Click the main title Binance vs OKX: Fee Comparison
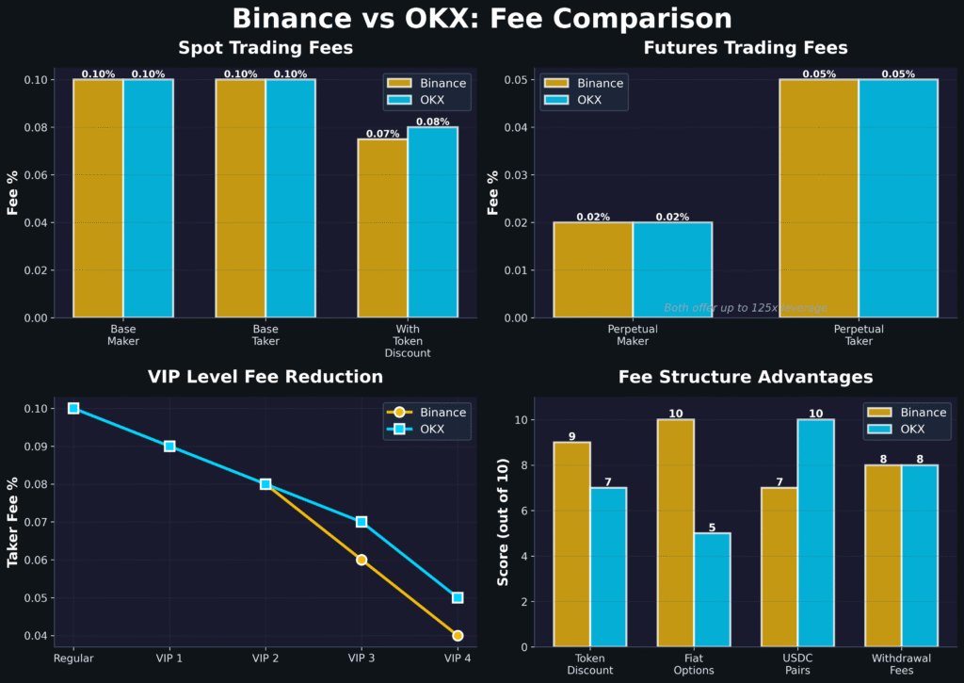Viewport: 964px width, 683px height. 481,19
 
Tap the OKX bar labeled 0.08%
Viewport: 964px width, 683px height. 432,222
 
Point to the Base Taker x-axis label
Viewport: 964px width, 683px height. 265,335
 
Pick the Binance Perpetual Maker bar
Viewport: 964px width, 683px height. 593,269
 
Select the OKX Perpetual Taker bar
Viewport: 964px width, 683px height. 898,198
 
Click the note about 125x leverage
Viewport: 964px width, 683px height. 746,308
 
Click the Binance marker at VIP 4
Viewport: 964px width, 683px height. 458,635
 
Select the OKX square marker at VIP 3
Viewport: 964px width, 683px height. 361,522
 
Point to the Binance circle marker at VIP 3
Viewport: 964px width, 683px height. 361,560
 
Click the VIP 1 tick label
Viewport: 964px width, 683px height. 169,658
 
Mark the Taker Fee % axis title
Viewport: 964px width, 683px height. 13,521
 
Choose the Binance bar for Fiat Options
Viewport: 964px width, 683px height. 675,533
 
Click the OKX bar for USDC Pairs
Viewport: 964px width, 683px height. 815,533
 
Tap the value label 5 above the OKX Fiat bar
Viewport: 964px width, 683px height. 712,528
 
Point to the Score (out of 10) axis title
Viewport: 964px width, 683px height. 503,521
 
